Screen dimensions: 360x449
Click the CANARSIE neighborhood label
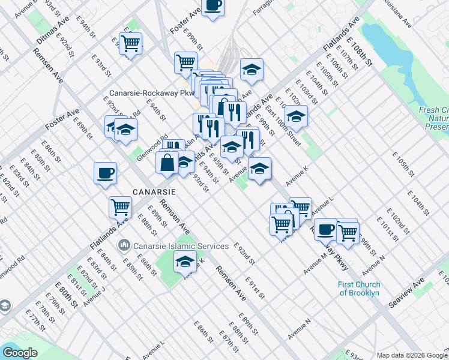click(x=154, y=192)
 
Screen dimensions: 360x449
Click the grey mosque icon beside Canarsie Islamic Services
click(x=124, y=245)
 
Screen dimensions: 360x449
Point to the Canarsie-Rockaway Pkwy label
click(x=152, y=93)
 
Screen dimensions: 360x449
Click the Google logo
click(x=20, y=352)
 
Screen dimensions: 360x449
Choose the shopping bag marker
click(x=167, y=163)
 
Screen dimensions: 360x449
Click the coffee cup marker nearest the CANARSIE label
click(x=105, y=173)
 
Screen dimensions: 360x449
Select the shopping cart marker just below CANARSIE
click(x=120, y=208)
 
